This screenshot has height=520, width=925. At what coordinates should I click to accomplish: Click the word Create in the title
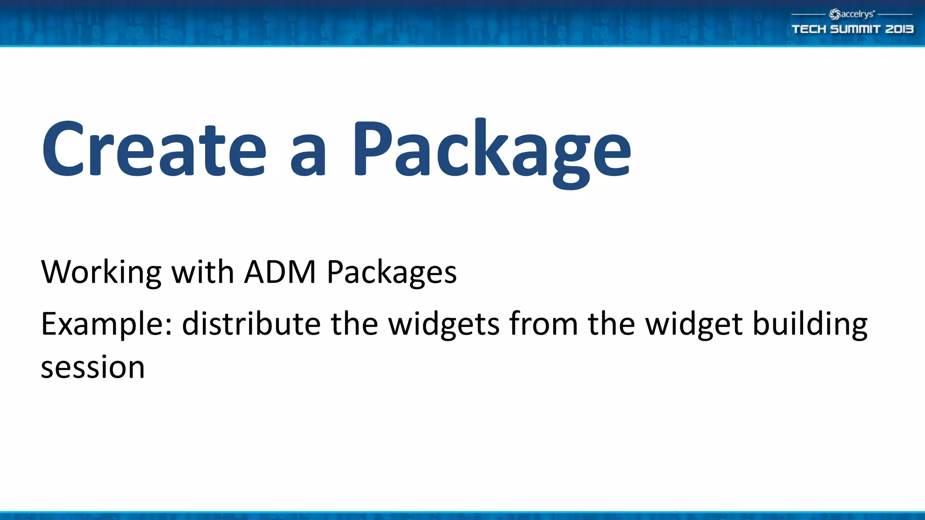154,149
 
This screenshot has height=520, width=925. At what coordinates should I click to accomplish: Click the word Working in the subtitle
101,272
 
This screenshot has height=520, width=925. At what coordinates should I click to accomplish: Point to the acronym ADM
280,272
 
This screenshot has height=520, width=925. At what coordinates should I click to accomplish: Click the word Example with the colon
107,325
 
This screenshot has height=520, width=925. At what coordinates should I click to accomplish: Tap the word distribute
251,324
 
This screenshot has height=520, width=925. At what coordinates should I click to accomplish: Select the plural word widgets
444,325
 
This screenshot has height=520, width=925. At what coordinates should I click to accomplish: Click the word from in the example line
543,324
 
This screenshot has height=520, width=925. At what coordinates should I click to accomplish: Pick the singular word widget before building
694,325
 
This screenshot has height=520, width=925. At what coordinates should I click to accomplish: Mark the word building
810,325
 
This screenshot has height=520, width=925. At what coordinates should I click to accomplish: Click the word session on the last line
93,367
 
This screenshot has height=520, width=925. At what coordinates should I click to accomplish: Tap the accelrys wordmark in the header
857,14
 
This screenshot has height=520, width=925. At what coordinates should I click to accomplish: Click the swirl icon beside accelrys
835,14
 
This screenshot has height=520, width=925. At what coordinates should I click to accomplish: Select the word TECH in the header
808,29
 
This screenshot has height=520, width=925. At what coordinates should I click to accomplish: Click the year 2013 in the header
899,29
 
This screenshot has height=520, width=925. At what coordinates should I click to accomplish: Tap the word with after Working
203,272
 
